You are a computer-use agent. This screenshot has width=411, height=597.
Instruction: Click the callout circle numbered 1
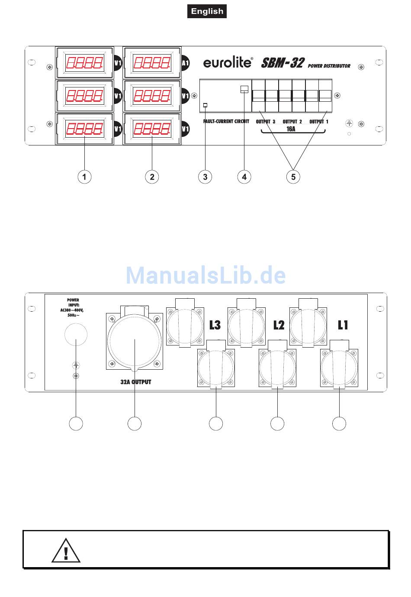[84, 177]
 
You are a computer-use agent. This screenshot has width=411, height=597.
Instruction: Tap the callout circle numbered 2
[152, 177]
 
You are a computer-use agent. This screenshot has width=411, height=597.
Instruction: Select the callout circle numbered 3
[205, 177]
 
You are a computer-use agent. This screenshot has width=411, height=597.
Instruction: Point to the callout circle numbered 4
[244, 177]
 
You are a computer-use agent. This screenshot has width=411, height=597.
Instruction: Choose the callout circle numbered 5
[293, 177]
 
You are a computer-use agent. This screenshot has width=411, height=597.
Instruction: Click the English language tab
[207, 11]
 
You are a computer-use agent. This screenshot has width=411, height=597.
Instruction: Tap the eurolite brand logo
[228, 63]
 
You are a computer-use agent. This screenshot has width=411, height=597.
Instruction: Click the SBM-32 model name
[283, 63]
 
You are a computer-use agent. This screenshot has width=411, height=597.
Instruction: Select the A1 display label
[185, 63]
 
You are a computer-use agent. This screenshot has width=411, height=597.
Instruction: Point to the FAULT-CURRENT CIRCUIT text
[226, 122]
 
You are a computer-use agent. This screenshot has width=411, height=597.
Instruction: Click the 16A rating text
[291, 129]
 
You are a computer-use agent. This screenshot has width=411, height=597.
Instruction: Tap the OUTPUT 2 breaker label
[292, 122]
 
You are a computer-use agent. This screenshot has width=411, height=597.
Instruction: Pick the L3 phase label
[215, 325]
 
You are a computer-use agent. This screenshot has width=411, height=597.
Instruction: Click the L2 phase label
[279, 325]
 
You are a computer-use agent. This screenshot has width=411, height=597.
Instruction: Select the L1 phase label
[343, 325]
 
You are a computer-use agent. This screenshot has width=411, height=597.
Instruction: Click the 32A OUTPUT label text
[136, 382]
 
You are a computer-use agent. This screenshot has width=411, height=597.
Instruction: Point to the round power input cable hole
[76, 335]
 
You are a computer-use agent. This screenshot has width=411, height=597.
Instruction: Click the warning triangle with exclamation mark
[66, 551]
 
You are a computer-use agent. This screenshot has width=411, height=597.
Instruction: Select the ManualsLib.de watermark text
[206, 275]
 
